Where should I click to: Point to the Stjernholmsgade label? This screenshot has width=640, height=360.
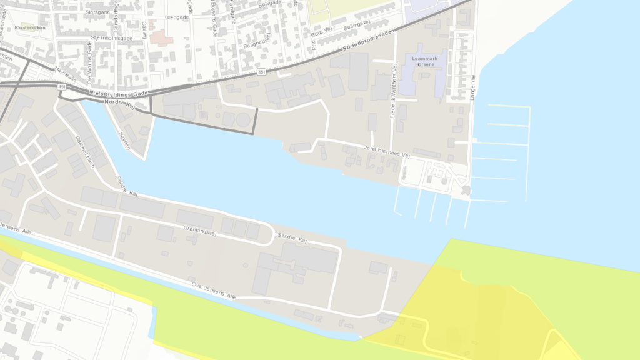click(112, 38)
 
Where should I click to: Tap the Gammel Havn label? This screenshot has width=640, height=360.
click(84, 148)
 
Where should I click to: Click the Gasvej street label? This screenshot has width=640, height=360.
click(144, 28)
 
